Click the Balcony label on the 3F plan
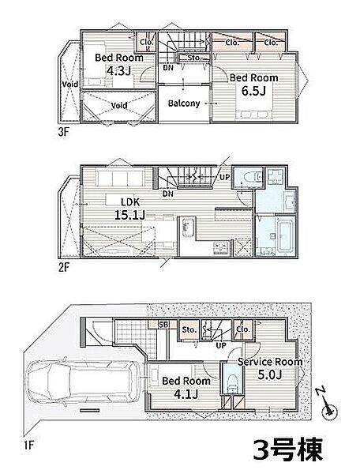(184, 103)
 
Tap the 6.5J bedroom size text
(253, 91)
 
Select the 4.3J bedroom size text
(118, 71)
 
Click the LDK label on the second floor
(130, 202)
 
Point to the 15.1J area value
(129, 215)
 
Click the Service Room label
(270, 362)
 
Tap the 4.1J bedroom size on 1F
(186, 394)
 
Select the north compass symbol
(327, 404)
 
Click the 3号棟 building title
(288, 449)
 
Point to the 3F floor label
(63, 132)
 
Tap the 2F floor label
(63, 267)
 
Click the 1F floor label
(28, 445)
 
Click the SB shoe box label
(163, 325)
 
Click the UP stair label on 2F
(224, 177)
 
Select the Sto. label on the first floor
(189, 329)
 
